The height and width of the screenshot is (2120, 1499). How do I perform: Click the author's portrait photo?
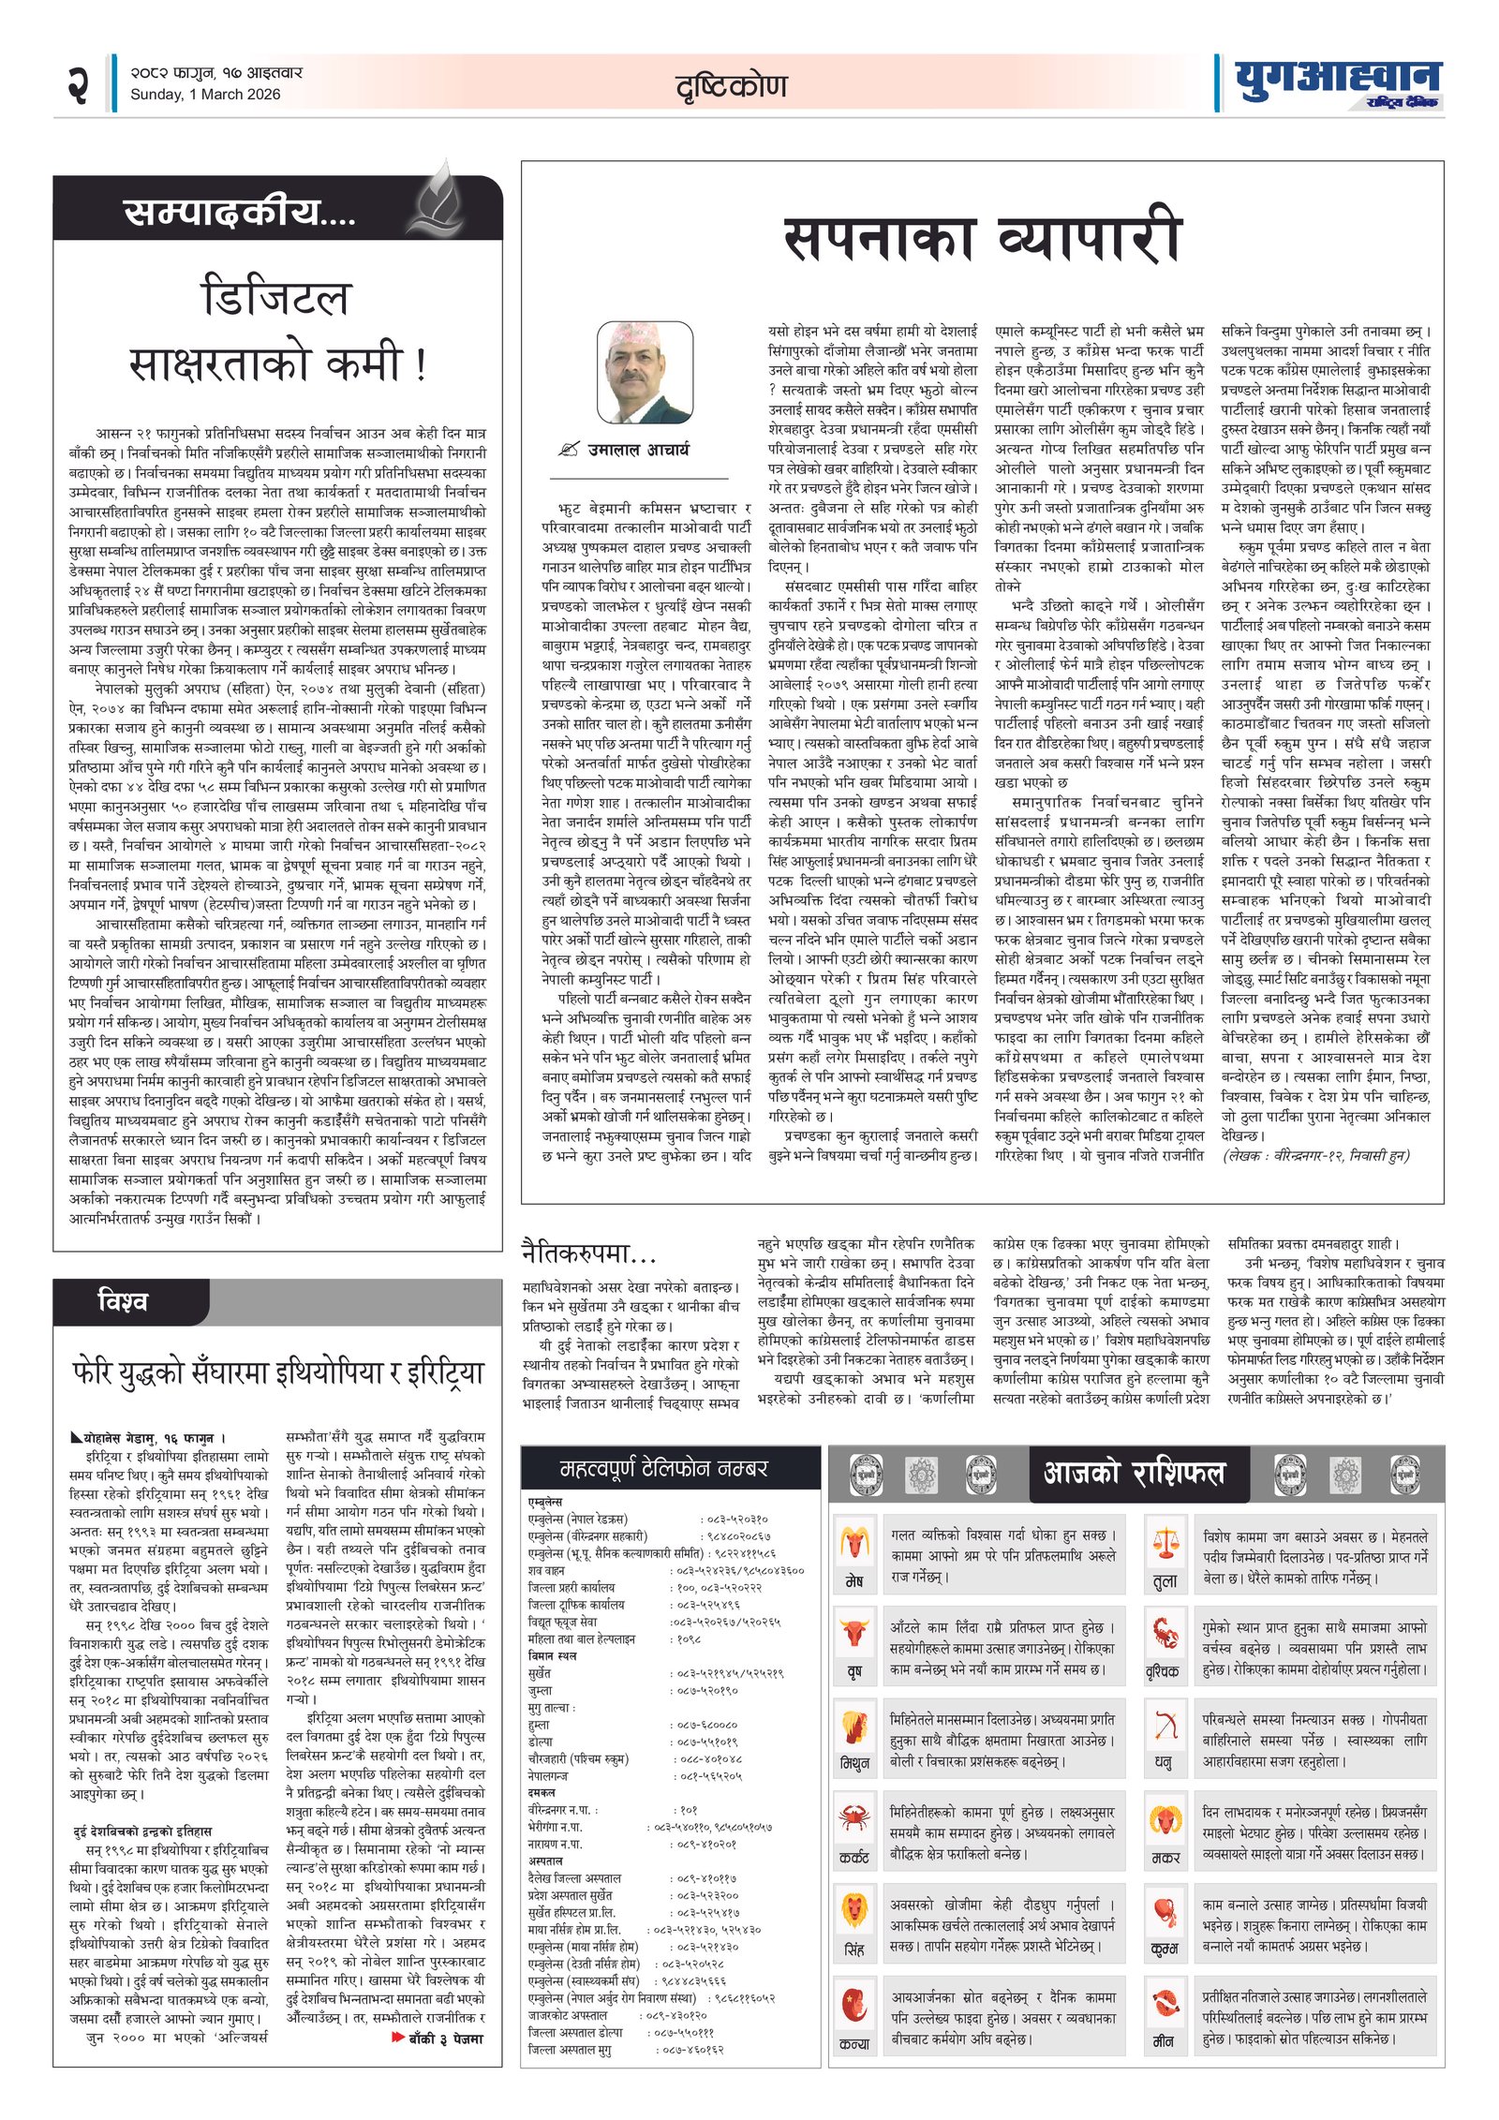(x=646, y=373)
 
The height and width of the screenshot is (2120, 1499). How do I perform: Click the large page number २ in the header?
(x=78, y=85)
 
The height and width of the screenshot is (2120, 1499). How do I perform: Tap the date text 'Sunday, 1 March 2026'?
(x=205, y=95)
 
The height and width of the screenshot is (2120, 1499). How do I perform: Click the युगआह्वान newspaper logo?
(x=1337, y=83)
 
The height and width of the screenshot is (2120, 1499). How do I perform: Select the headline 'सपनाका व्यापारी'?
(x=982, y=239)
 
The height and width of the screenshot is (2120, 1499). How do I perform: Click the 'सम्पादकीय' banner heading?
(x=240, y=213)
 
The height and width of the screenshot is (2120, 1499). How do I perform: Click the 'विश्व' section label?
(x=123, y=1301)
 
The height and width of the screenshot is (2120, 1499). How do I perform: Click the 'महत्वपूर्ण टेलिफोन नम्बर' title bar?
(x=663, y=1468)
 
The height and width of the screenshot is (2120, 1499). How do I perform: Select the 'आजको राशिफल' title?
(x=1134, y=1474)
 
